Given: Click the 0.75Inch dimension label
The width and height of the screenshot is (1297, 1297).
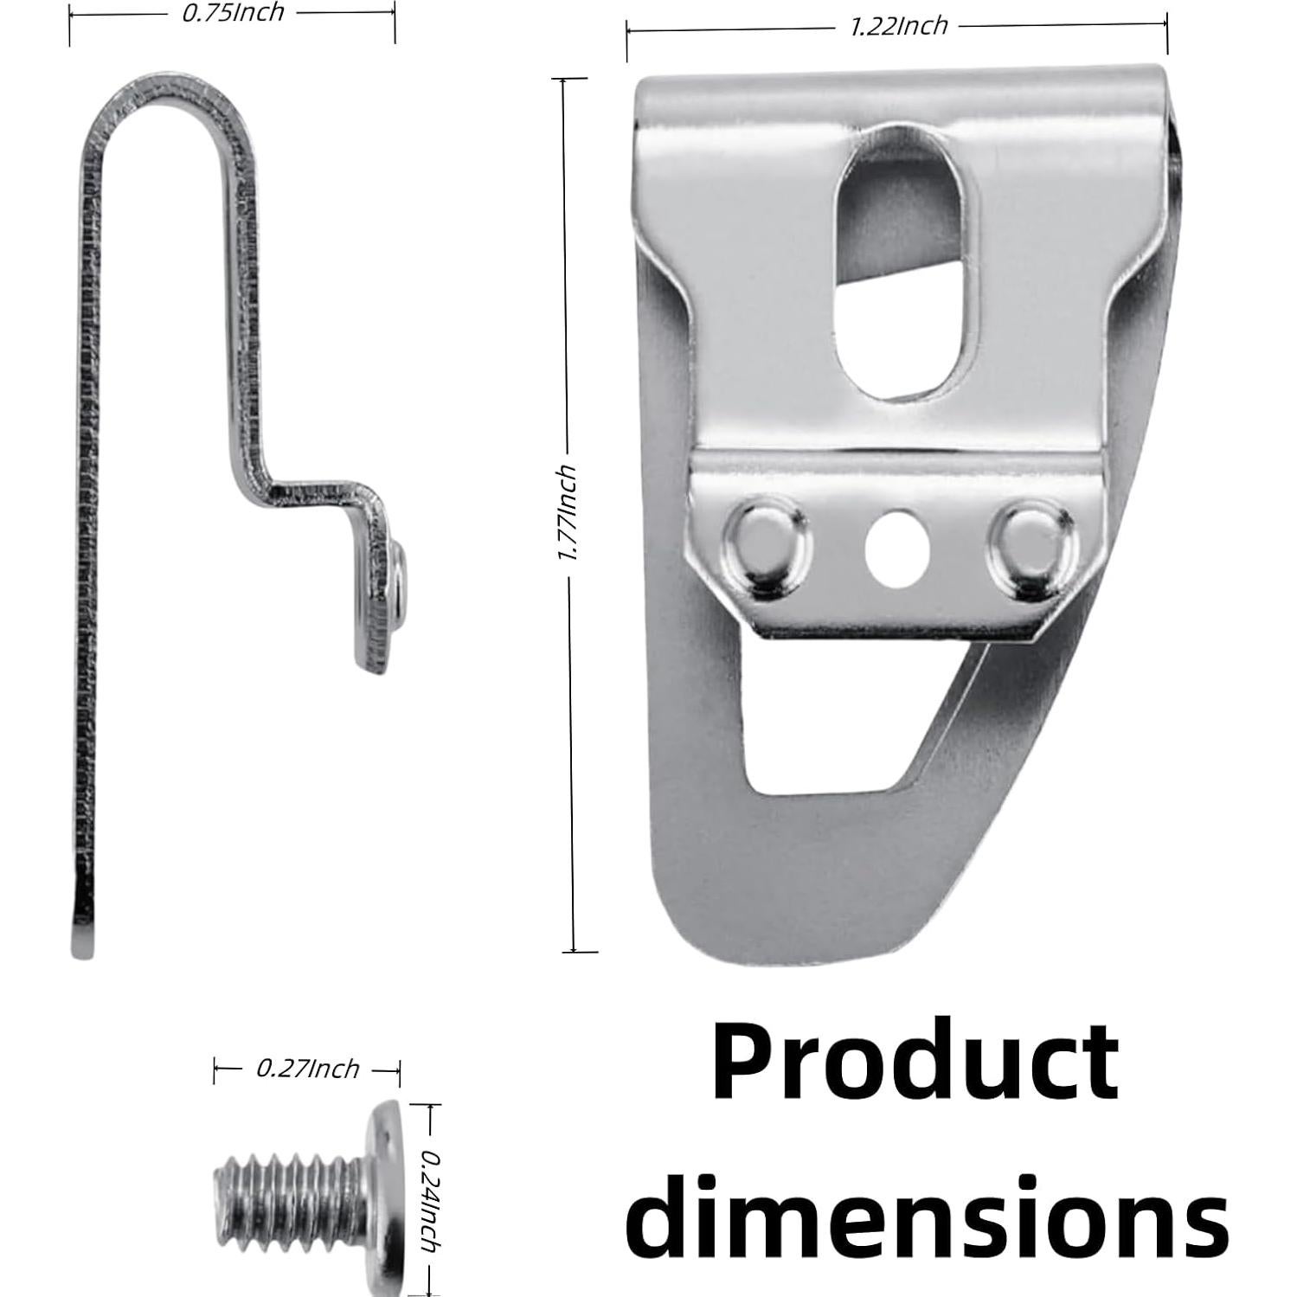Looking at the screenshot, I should click(x=232, y=13).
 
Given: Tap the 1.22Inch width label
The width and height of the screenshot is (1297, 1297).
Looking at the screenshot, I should click(x=898, y=26).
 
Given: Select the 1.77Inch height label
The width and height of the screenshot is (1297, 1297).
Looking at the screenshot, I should click(x=568, y=512).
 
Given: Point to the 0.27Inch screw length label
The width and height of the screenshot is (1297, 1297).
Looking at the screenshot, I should click(x=307, y=1069).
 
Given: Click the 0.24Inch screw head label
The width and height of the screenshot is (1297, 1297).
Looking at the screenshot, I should click(x=428, y=1200).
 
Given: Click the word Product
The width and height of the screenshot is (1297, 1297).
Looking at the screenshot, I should click(x=915, y=1062).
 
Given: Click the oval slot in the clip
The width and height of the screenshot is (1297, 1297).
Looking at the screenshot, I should click(x=900, y=260).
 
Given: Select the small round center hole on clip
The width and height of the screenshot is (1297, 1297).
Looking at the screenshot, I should click(x=898, y=549).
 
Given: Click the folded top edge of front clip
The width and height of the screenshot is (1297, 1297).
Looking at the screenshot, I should click(x=900, y=87).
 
